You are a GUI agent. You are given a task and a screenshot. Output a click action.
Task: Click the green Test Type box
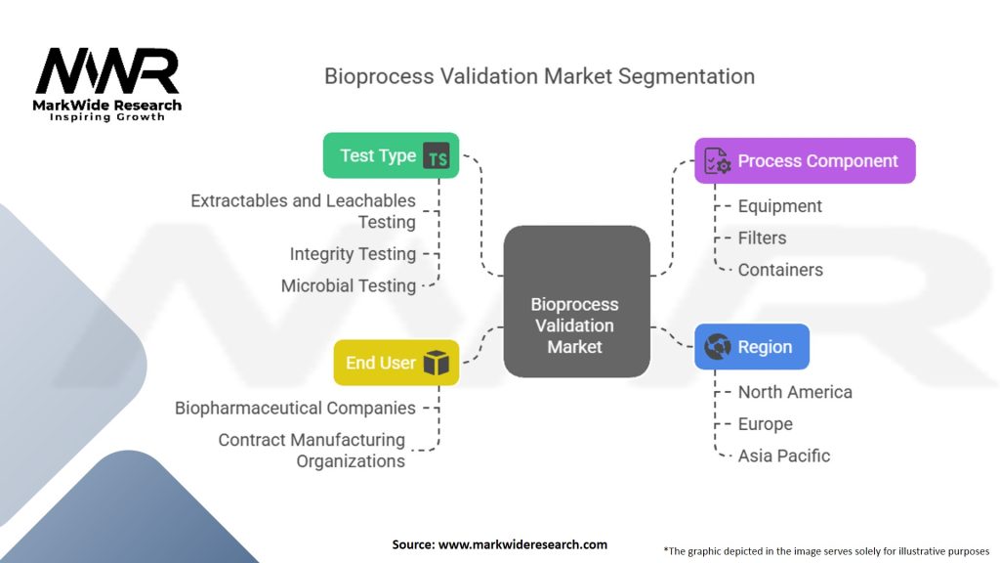pos(391,155)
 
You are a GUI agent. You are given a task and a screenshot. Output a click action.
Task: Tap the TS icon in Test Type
pos(437,156)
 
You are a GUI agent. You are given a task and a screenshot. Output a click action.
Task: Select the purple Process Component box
pos(805,161)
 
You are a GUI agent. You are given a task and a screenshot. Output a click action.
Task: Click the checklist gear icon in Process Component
pos(718,161)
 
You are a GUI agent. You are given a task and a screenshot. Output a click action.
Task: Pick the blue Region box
pos(752,347)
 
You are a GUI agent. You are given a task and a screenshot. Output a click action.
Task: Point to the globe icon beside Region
pos(718,347)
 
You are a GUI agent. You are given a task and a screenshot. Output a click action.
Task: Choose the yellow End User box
pos(396,363)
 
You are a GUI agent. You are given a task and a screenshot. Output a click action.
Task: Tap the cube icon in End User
pos(437,363)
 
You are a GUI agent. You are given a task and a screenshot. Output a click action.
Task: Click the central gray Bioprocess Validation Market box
pos(576,301)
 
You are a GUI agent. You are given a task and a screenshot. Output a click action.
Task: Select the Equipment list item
pos(780,206)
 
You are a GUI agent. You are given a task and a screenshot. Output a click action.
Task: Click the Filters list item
pos(762,238)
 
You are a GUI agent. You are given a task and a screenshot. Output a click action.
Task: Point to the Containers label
pos(780,270)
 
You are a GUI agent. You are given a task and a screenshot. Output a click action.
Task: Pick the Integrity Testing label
pos(353,254)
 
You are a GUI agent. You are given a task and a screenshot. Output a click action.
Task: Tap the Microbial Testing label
pos(349,286)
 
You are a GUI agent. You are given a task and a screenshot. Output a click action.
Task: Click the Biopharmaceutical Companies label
pos(295,408)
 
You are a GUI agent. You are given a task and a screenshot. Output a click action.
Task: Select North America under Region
pos(795,392)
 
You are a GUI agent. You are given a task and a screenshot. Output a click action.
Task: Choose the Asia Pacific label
pos(784,455)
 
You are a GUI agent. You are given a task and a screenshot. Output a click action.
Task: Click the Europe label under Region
pos(766,424)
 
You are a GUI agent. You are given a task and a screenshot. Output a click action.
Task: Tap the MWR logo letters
pos(107,70)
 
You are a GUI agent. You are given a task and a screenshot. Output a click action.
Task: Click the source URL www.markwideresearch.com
pos(523,544)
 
